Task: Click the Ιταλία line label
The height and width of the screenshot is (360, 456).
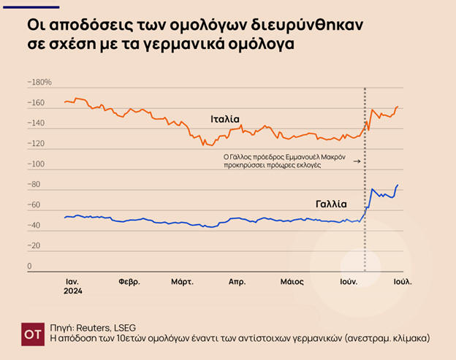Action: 225,119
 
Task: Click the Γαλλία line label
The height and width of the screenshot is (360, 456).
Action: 331,204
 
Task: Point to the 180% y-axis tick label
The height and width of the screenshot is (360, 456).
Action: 40,83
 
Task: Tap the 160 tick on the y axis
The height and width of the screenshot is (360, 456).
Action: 36,103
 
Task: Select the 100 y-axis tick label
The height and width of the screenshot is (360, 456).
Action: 36,164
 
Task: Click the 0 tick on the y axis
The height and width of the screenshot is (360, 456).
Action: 30,266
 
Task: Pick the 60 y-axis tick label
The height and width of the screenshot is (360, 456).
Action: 34,205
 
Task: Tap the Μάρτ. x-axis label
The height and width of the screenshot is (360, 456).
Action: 182,281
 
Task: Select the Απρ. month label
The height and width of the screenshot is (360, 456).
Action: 237,281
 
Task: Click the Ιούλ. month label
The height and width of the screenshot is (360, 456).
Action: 403,281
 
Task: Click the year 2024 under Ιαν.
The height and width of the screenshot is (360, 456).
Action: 72,291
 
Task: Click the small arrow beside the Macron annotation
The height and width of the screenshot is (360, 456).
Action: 357,161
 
